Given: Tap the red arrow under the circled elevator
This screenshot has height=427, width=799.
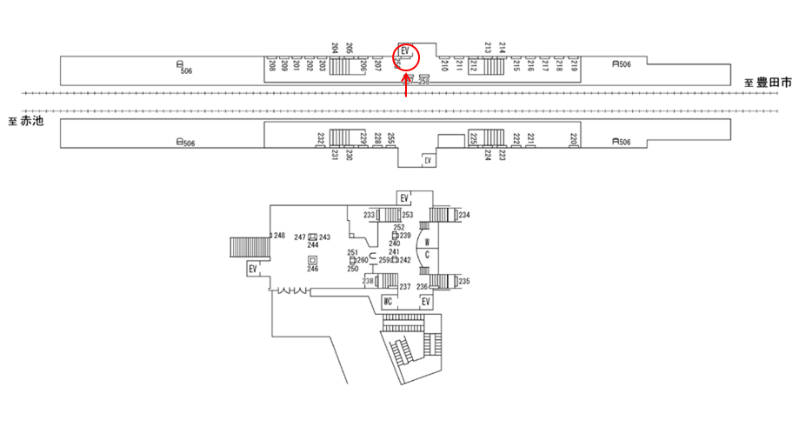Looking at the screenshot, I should coord(407,86).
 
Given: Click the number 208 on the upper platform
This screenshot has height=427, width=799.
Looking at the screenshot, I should coord(272,65).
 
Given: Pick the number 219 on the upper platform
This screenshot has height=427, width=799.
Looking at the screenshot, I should coord(575,64).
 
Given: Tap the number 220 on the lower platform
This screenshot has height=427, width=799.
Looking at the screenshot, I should coord(574,139).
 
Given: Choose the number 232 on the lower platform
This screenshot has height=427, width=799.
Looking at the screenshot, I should coord(321,138).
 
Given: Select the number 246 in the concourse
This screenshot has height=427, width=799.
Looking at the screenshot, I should coord(312,269).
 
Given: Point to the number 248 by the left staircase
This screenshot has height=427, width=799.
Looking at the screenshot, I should coord(279,236).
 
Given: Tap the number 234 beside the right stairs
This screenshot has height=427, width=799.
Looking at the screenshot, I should coord(464,215).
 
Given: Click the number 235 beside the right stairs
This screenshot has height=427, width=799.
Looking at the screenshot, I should coord(464,281).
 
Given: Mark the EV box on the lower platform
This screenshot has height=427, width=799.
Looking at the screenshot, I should coord(427,161).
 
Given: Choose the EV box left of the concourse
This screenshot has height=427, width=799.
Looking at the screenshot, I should coord(253,269).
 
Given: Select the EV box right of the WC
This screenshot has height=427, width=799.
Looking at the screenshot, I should coord(426,302).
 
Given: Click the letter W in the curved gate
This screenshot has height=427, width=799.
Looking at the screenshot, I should coord(428,242).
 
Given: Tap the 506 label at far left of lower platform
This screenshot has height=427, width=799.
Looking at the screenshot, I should coord(187,143).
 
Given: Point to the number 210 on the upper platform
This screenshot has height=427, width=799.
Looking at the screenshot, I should coord(445,64).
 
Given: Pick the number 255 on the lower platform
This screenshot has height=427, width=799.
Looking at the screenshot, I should coord(391,138).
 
